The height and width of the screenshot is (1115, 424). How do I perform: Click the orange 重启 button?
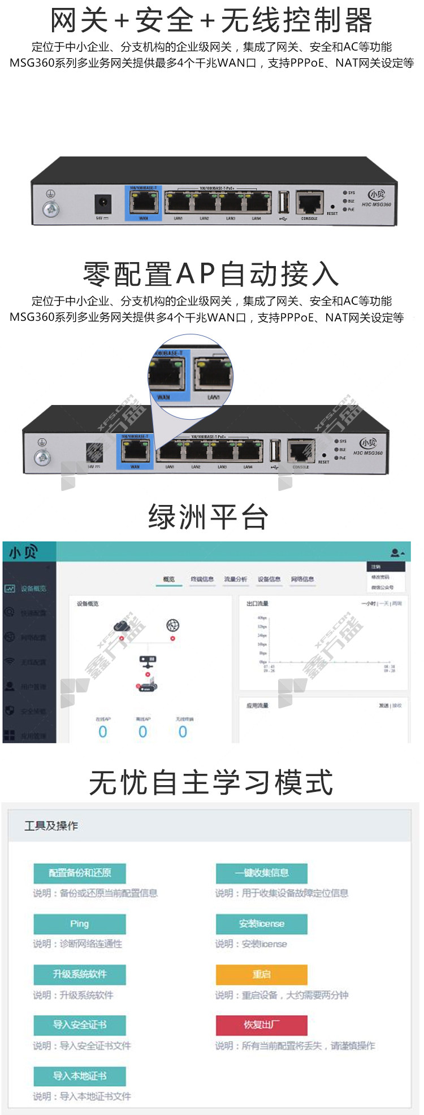coord(261,974)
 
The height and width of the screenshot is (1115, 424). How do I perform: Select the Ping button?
coord(79,924)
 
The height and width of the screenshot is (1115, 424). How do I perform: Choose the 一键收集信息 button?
coord(261,873)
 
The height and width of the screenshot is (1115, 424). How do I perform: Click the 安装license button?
coord(261,924)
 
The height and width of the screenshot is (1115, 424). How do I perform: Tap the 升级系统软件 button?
coord(79,974)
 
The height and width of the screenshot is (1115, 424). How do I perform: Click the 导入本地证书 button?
coord(79,1076)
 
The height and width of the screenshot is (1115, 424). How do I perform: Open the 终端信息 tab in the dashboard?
coord(202,579)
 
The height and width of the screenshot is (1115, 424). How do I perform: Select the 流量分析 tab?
coord(235,579)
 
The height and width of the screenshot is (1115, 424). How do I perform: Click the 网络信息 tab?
coord(302,579)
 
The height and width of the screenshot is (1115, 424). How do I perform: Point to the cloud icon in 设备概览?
coord(122,625)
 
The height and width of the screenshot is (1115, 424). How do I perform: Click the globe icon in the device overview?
coord(172,625)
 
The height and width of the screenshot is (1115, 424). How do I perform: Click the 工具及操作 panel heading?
coord(51,826)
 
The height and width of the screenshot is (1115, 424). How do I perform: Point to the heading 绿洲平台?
coord(208,517)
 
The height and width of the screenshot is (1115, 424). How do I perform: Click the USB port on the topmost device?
coord(284,202)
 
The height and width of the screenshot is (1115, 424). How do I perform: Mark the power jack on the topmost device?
coord(102,203)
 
